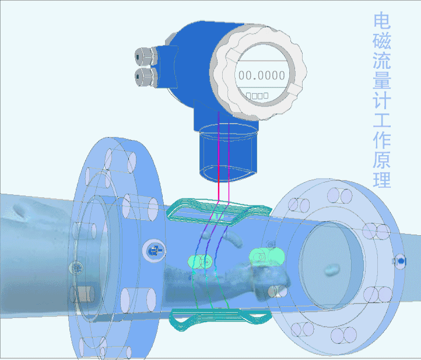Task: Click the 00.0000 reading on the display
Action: tap(262, 75)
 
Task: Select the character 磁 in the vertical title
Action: tap(382, 40)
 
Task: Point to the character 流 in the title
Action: tap(382, 60)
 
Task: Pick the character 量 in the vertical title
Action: tap(382, 80)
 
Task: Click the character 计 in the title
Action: tap(382, 100)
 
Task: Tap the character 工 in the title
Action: tap(382, 120)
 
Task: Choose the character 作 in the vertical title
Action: tap(382, 139)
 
